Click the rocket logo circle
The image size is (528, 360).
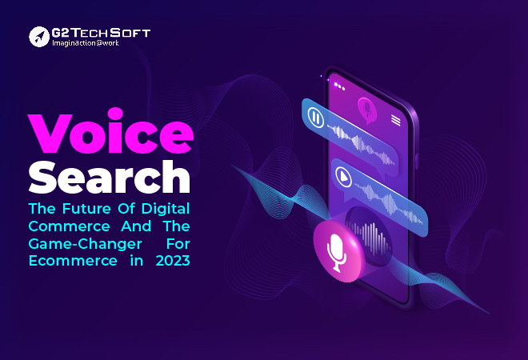(39, 37)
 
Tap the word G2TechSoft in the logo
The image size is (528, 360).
(101, 33)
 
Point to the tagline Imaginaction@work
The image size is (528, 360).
(86, 43)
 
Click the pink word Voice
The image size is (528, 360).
(110, 130)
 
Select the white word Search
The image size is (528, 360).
(110, 177)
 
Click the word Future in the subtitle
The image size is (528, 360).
(86, 209)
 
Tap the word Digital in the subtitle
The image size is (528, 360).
(166, 209)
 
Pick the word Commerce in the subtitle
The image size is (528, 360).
(70, 226)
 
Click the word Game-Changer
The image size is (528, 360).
(85, 244)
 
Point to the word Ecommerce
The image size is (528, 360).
(73, 261)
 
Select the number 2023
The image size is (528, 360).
(173, 261)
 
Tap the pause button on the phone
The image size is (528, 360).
(316, 118)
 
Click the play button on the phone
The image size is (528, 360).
(343, 177)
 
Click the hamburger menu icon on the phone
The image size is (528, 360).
(396, 120)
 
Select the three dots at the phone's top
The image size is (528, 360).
(339, 86)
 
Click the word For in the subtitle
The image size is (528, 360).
(178, 244)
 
